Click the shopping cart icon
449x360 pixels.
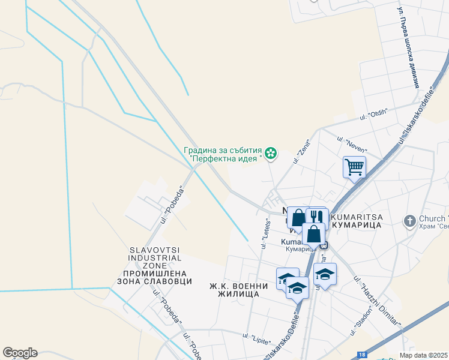(x=354, y=166)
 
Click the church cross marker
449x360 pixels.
(x=410, y=220)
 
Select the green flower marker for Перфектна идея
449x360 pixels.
(x=271, y=154)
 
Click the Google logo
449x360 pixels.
(x=20, y=353)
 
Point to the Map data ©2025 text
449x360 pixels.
(x=423, y=355)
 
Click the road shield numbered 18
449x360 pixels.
(x=361, y=355)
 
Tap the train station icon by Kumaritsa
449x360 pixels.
(x=324, y=245)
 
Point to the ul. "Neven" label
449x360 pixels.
(x=357, y=145)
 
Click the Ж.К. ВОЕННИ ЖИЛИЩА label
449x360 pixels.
(x=234, y=290)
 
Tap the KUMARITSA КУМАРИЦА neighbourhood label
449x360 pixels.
(x=357, y=219)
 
